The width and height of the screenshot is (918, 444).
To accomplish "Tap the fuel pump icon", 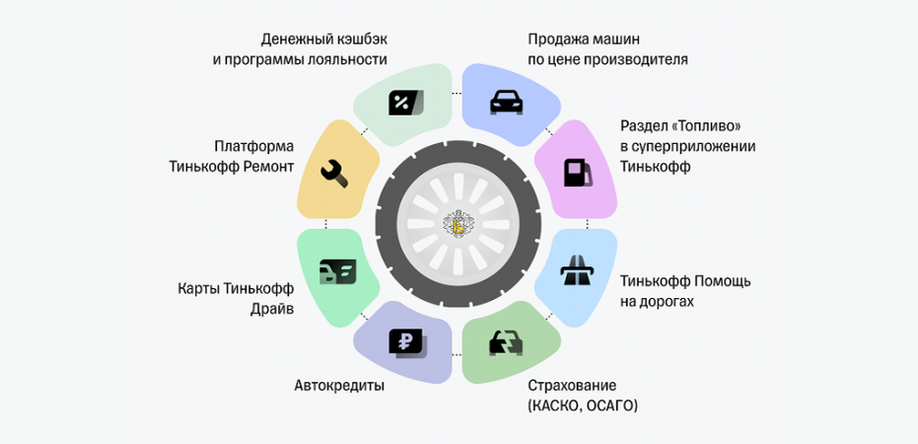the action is (x=577, y=173).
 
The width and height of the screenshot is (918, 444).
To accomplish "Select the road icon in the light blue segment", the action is (x=576, y=271).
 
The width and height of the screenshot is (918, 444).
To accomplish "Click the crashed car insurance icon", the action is (x=507, y=343).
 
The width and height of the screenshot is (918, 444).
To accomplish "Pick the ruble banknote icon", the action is (x=406, y=342).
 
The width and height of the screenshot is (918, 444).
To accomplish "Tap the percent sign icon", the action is (x=404, y=102).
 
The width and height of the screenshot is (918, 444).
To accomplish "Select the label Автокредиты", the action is (x=339, y=386).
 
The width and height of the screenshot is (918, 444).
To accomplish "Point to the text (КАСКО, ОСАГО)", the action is (x=583, y=406).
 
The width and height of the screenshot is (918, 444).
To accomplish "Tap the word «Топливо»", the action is (x=704, y=127).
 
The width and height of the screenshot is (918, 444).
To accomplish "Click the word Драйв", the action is (x=272, y=309).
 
